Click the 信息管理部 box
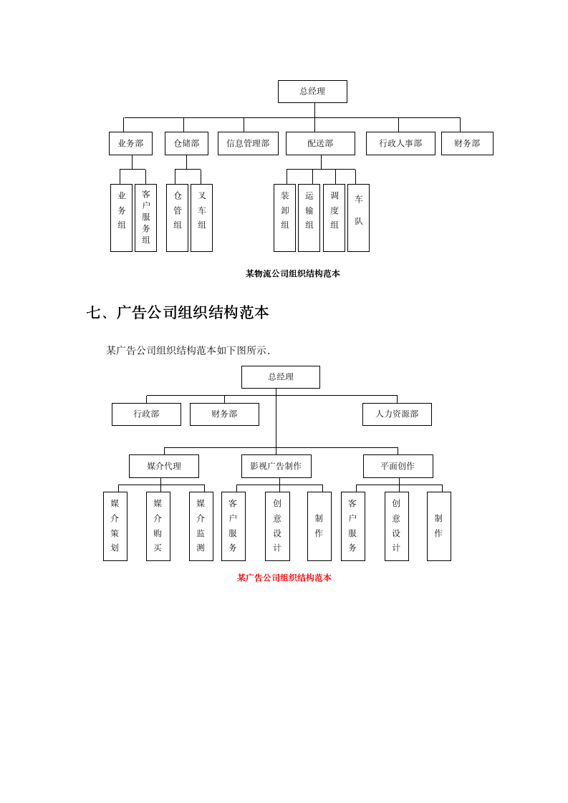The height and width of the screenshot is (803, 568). coord(248,143)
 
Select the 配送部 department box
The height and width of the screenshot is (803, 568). coord(320,143)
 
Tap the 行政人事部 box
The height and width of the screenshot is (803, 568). coord(400,143)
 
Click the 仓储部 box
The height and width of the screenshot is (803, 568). coord(186,143)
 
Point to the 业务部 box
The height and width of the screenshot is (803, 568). coord(130,143)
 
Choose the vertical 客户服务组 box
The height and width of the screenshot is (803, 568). coord(145,218)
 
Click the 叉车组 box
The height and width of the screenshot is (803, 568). coord(201,218)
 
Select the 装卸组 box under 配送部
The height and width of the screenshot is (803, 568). coord(284,218)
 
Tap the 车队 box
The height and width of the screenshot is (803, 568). coord(358,218)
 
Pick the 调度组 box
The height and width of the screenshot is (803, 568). coord(334,218)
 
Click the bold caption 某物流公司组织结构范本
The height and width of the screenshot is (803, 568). coord(292,273)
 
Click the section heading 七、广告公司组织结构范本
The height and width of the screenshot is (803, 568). coord(178,313)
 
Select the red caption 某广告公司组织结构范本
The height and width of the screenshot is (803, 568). coord(284,578)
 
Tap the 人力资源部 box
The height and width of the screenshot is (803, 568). coord(397,414)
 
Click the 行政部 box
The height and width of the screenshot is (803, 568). coord(146,414)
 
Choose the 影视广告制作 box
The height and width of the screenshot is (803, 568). coord(276,466)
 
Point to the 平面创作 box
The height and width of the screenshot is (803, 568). coord(398,466)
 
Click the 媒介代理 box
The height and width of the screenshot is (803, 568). coord(164,466)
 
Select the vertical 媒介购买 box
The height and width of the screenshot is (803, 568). coord(158,526)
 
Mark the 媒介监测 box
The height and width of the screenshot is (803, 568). coord(201,526)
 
